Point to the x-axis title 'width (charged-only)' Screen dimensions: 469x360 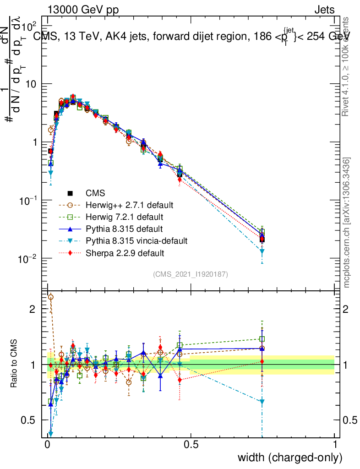point(289,457)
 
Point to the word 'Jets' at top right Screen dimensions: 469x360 point(324,10)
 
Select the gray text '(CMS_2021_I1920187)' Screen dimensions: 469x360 point(190,274)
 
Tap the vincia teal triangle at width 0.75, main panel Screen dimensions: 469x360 point(262,251)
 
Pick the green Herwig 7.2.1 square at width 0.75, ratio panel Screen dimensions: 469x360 point(262,339)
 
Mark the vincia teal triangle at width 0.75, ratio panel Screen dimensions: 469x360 point(262,402)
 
